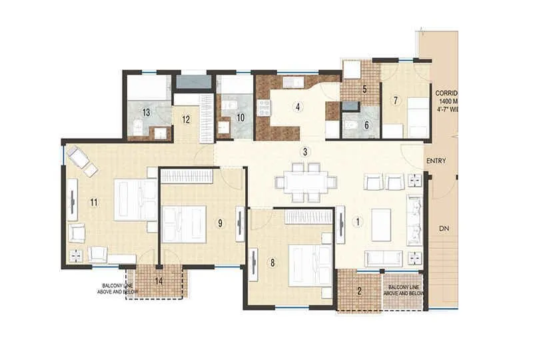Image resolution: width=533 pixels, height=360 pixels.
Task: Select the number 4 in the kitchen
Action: click(298, 106)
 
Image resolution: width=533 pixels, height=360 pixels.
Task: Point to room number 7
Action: click(395, 100)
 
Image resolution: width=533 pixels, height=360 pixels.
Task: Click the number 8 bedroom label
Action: click(272, 262)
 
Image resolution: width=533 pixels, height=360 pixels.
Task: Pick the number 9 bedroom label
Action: click(219, 223)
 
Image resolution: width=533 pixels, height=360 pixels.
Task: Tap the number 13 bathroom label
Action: click(145, 112)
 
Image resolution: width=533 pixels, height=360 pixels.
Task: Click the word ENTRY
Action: click(438, 161)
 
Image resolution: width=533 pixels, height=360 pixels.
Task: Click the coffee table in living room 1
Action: click(381, 225)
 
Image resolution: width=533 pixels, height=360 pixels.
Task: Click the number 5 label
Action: click(364, 89)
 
